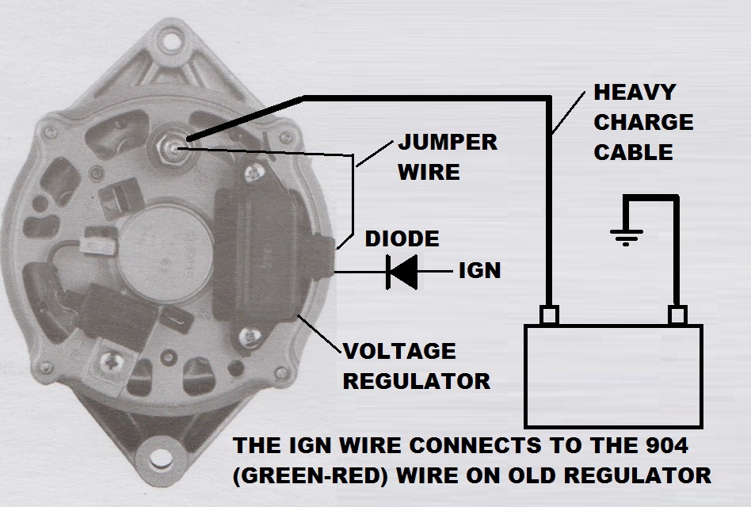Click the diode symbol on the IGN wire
coord(402,272)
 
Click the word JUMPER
coord(448,143)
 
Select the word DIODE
coord(402,239)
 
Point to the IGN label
coord(479,270)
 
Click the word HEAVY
coord(635,93)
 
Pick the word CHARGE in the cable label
coord(643,123)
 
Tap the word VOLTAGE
coord(399,352)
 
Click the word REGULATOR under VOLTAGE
coord(417,382)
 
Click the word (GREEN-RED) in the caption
coord(311,476)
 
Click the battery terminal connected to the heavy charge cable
coord(548,315)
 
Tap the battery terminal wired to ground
coord(677,315)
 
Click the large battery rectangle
coord(613,375)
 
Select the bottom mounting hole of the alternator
coord(161,458)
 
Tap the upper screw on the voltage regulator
coord(254,172)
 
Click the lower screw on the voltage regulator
coord(250,337)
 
